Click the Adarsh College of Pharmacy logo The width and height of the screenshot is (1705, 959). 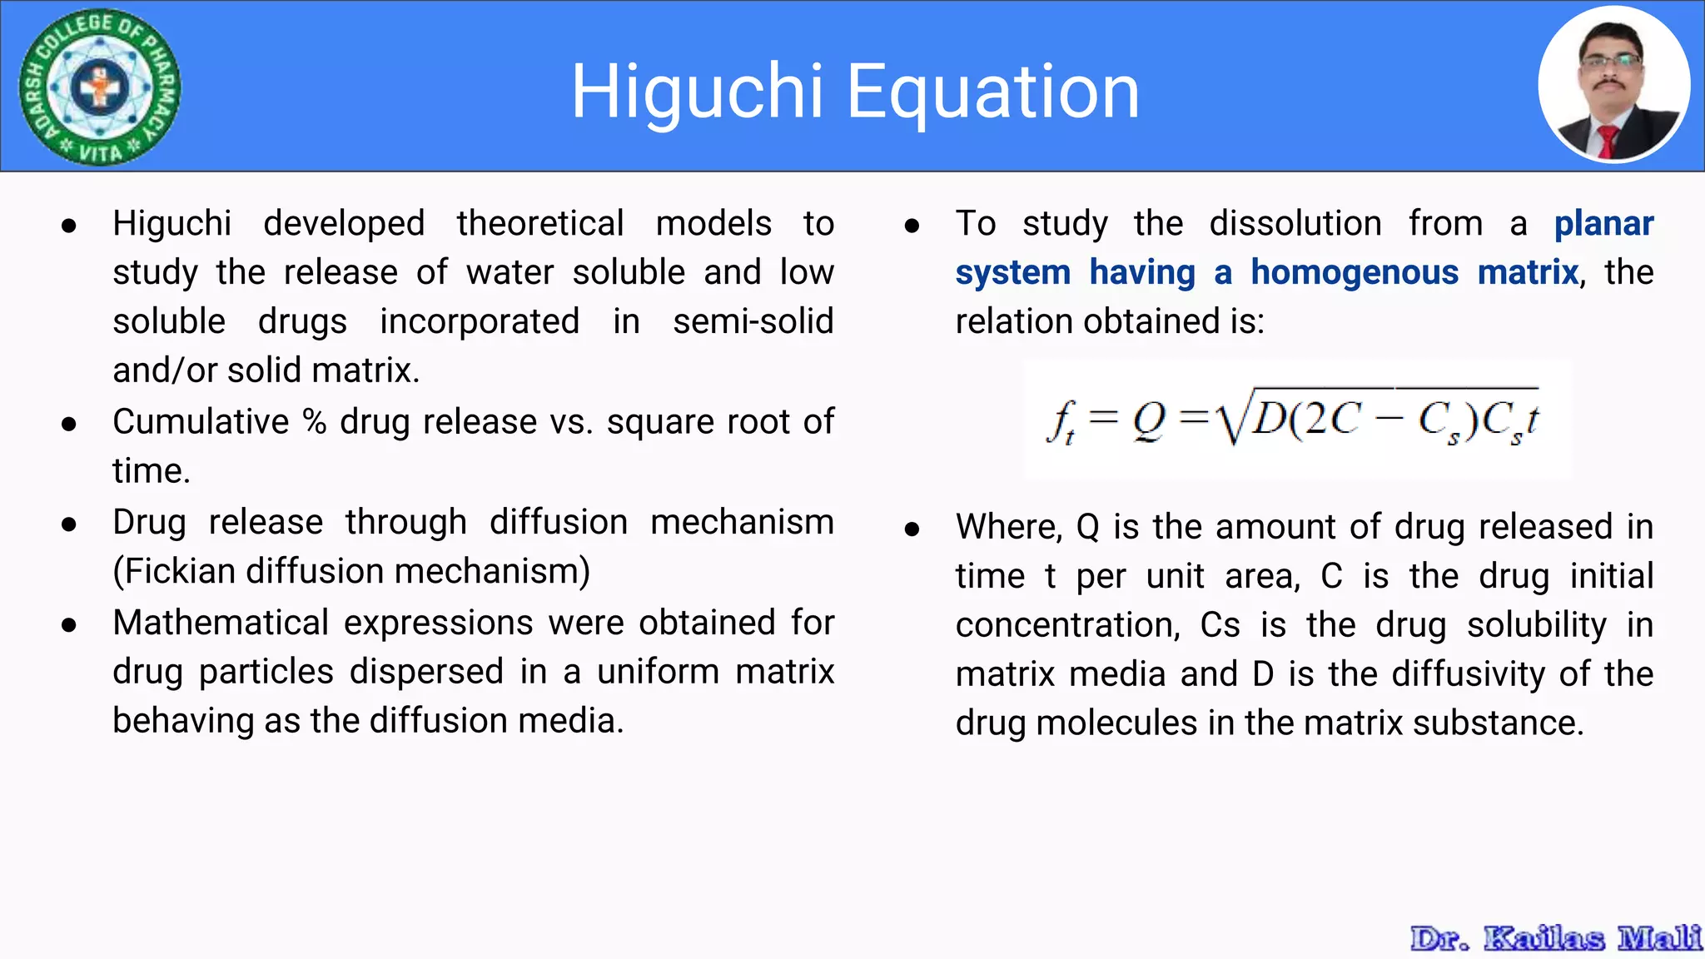[x=100, y=87]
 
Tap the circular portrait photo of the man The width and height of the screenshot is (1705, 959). [x=1613, y=85]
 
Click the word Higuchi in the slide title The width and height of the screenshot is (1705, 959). [x=697, y=92]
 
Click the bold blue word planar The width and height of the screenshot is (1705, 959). [x=1603, y=223]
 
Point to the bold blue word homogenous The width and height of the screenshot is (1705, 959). [x=1355, y=272]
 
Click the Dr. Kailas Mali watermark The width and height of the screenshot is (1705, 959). [x=1555, y=938]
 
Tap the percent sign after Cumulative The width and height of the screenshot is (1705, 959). [x=315, y=421]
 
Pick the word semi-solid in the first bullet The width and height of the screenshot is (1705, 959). [x=753, y=321]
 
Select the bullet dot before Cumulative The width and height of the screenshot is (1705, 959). [x=69, y=424]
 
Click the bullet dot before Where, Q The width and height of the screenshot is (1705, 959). [x=912, y=529]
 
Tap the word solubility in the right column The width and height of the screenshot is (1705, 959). [x=1536, y=625]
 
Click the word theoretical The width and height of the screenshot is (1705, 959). [x=539, y=223]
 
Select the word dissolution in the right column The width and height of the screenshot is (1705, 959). [x=1295, y=223]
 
